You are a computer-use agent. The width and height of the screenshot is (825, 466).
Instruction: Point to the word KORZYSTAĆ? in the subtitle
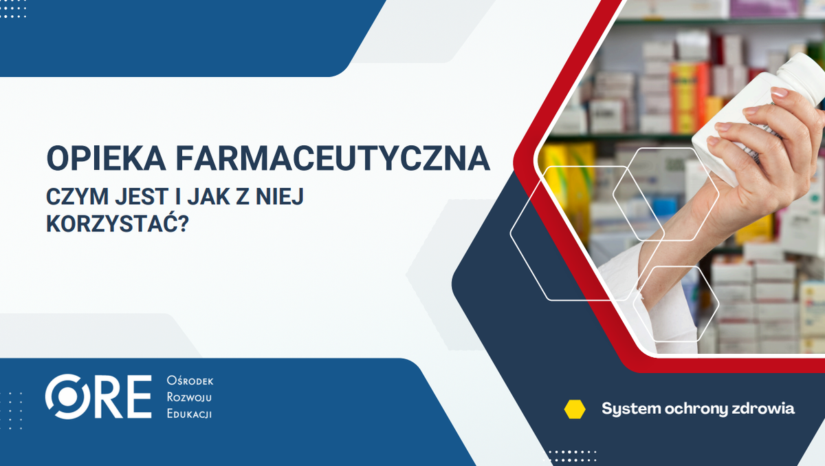coord(118,224)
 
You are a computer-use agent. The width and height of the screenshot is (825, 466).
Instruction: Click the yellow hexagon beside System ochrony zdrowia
coord(575,409)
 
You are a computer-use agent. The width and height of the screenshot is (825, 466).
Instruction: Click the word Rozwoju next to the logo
coord(189,397)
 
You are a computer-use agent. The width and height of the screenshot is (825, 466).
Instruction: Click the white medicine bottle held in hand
coord(770,103)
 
